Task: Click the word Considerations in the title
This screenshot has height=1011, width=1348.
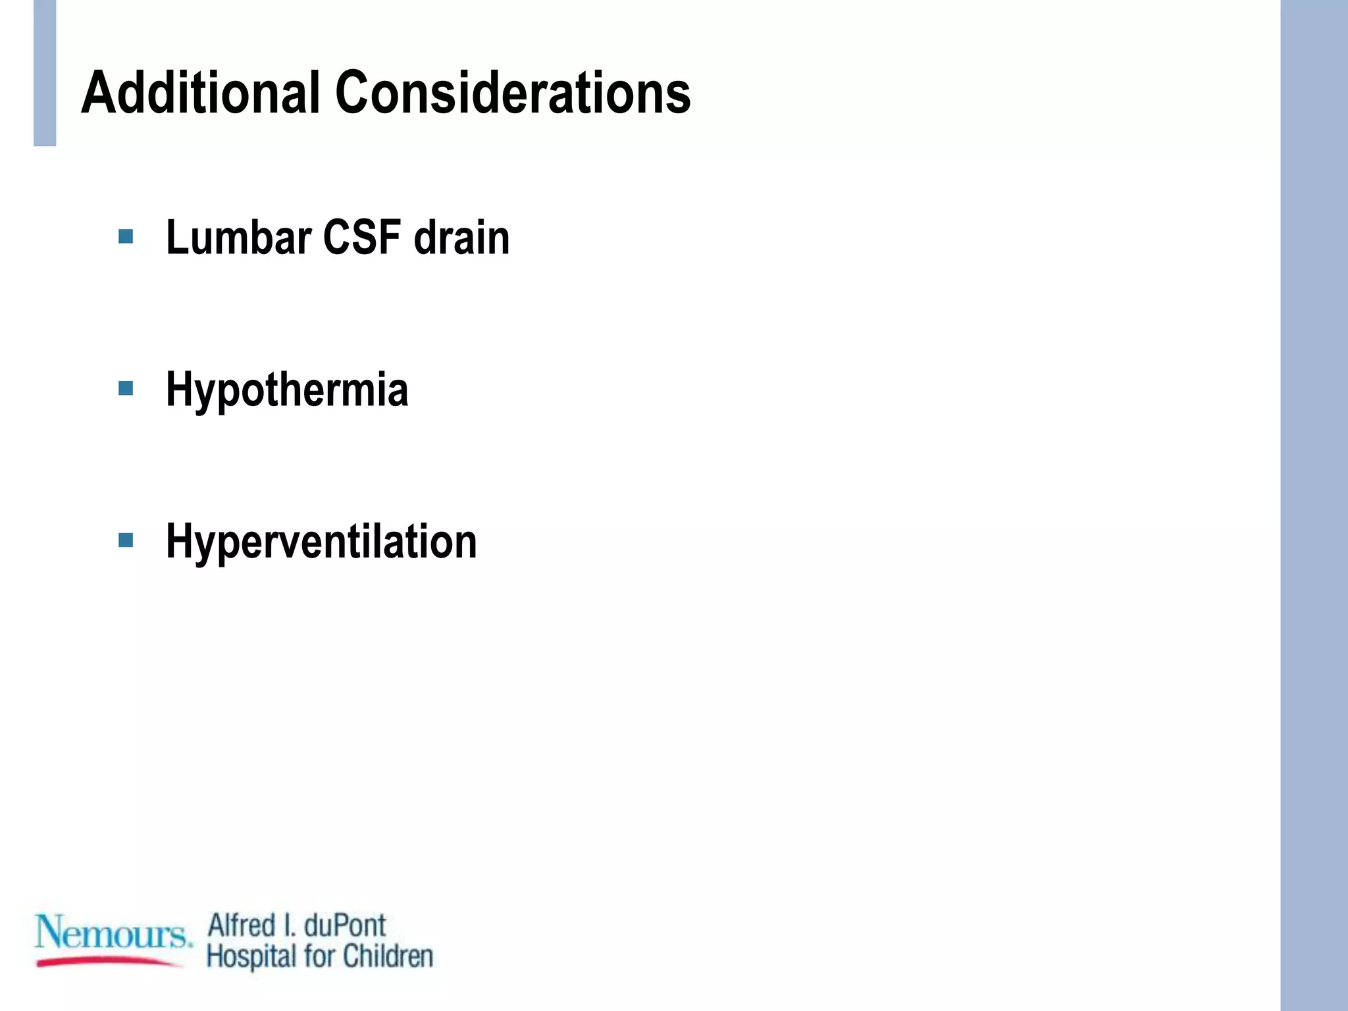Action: click(x=513, y=93)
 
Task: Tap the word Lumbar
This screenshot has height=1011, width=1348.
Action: click(x=238, y=238)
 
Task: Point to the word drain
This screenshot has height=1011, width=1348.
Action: click(x=461, y=238)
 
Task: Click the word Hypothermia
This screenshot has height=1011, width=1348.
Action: click(x=287, y=390)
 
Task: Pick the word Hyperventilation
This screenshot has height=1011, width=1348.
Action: click(x=321, y=542)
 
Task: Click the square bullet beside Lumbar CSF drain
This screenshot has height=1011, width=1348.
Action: click(x=126, y=236)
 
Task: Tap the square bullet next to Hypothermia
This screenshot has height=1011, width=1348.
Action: click(x=126, y=388)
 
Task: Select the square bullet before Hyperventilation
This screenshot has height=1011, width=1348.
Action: click(x=126, y=541)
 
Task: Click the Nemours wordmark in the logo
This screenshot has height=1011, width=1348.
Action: click(x=112, y=932)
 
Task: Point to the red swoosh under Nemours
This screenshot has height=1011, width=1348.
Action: click(x=109, y=962)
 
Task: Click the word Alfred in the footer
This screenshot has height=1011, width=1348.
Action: click(x=242, y=925)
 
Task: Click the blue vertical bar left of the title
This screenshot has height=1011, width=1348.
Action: click(x=45, y=72)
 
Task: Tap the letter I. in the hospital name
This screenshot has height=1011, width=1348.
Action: click(x=289, y=925)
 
